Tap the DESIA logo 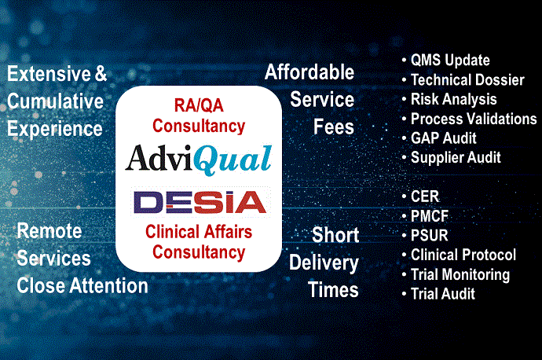200,202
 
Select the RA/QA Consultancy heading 199,114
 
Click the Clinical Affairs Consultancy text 199,242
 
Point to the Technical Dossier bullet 469,79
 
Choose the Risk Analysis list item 453,99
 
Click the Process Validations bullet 474,119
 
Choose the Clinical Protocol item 463,255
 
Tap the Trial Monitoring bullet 460,274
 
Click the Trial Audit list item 443,294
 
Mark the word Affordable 309,72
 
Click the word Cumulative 57,101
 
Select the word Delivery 324,263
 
